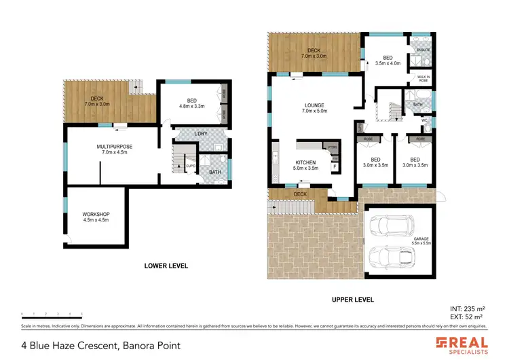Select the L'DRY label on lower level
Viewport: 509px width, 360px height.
pyautogui.click(x=200, y=133)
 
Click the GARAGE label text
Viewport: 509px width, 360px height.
pyautogui.click(x=421, y=238)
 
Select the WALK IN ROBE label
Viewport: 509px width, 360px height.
pyautogui.click(x=422, y=79)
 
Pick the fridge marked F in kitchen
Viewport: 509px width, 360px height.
pyautogui.click(x=334, y=166)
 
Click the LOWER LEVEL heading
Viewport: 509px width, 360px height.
pyautogui.click(x=166, y=266)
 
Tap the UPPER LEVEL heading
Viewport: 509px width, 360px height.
pyautogui.click(x=352, y=300)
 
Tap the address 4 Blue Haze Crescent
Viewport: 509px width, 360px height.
pyautogui.click(x=101, y=346)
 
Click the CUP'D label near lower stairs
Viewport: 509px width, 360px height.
pyautogui.click(x=191, y=164)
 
